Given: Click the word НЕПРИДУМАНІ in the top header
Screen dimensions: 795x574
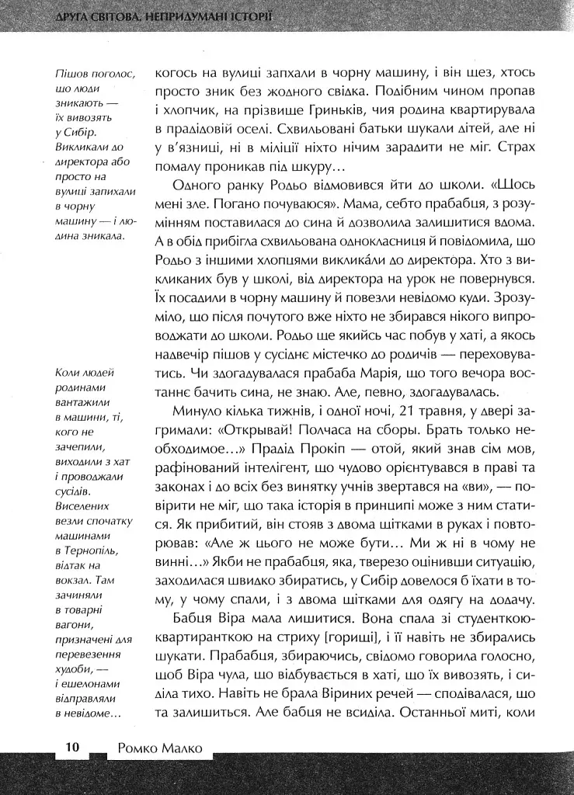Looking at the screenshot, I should (186, 16).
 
